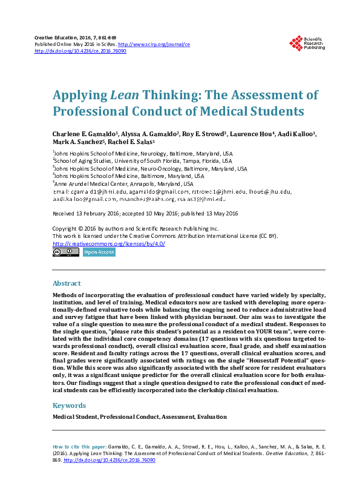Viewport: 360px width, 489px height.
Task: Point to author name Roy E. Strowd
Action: click(x=205, y=134)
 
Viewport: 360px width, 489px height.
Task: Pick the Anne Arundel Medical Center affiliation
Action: click(x=124, y=183)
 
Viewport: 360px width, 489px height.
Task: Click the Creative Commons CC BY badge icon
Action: click(x=65, y=252)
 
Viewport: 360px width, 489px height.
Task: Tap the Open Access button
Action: click(x=99, y=252)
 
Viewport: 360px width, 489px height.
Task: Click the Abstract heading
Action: click(x=67, y=283)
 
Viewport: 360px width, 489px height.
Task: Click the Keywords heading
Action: click(x=70, y=405)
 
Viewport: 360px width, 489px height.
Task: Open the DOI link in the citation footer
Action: click(x=108, y=460)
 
